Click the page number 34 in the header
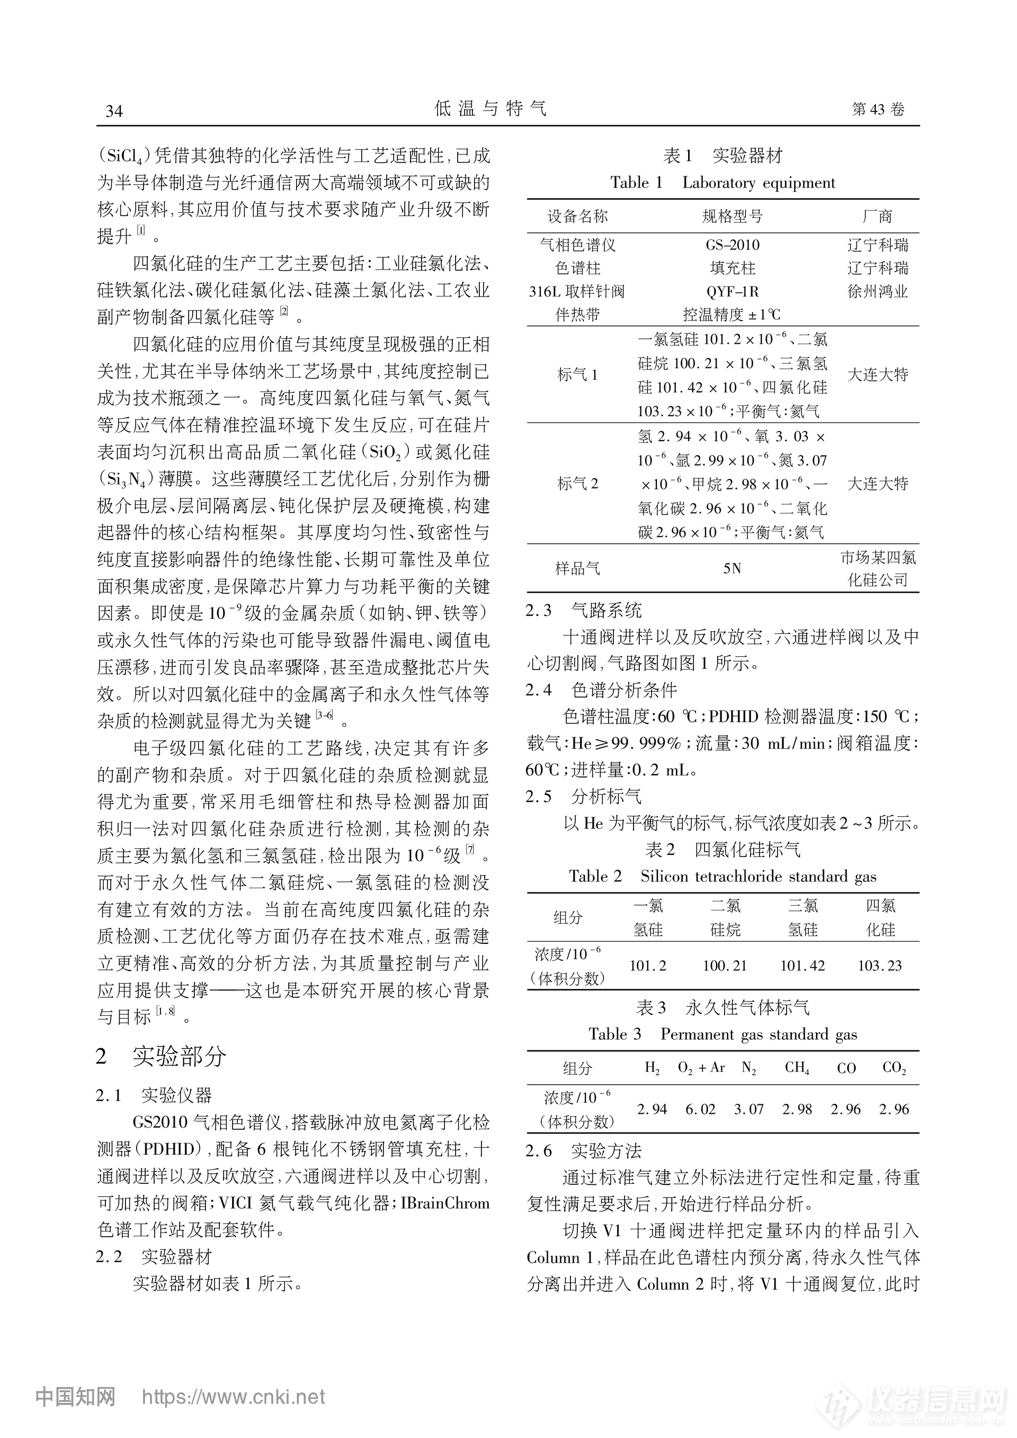[x=114, y=111]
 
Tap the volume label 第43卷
[x=878, y=109]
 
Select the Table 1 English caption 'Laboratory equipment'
[x=759, y=183]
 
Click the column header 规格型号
[x=732, y=217]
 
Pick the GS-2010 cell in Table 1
[x=732, y=245]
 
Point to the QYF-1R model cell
[x=732, y=291]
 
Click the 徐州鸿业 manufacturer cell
[x=877, y=291]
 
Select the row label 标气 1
[x=577, y=375]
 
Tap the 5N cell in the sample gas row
[x=732, y=569]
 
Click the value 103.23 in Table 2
[x=880, y=966]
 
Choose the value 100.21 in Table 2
[x=725, y=966]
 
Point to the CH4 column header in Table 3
[x=797, y=1068]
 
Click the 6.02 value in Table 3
[x=700, y=1109]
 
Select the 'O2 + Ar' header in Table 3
[x=701, y=1068]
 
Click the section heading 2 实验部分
[x=161, y=1057]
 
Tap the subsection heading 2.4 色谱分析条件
[x=601, y=690]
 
